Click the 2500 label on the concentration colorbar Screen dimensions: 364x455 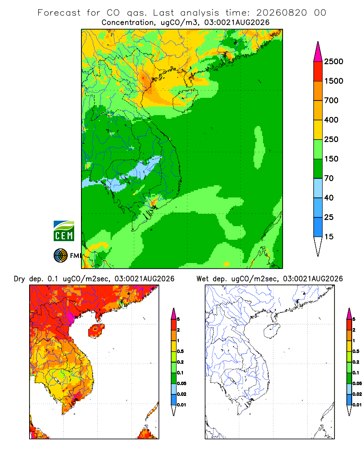click(x=334, y=61)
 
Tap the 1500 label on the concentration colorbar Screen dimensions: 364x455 click(x=334, y=81)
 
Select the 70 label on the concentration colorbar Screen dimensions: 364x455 click(x=329, y=178)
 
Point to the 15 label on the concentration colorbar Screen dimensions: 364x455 click(x=329, y=237)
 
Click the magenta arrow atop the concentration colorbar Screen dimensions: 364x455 click(x=318, y=52)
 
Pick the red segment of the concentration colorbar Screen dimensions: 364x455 click(x=318, y=71)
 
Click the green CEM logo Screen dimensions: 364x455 click(x=64, y=231)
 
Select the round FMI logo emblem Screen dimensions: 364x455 click(x=61, y=256)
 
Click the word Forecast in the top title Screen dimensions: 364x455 click(x=59, y=13)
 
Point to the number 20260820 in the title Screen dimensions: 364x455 click(x=281, y=13)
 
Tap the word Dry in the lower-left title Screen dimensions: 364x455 click(x=20, y=279)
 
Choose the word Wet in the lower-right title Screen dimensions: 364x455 click(x=202, y=279)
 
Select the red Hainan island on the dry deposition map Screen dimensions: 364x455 click(x=96, y=331)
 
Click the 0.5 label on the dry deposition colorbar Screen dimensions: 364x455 click(x=180, y=351)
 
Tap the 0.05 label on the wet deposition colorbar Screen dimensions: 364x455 click(x=357, y=384)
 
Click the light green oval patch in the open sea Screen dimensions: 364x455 click(x=259, y=147)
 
